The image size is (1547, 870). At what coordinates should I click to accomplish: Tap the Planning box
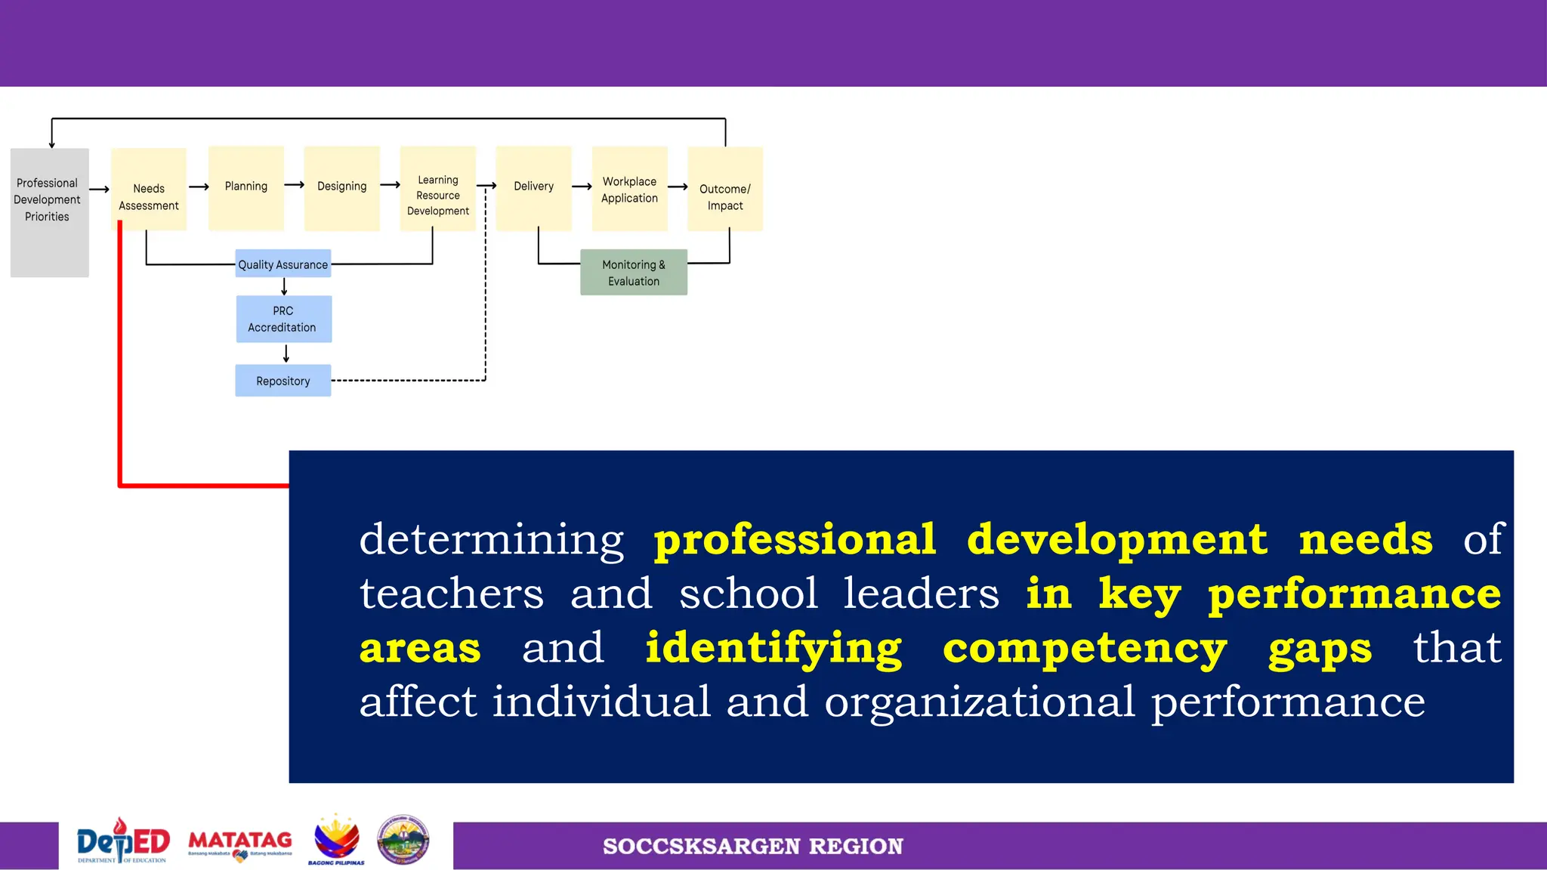pyautogui.click(x=246, y=187)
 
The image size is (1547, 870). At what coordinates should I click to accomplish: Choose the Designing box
pyautogui.click(x=341, y=187)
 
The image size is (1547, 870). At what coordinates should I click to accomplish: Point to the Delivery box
pyautogui.click(x=533, y=187)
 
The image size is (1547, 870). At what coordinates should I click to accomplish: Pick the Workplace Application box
pyautogui.click(x=629, y=189)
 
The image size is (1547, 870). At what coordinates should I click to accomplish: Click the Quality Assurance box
pyautogui.click(x=283, y=264)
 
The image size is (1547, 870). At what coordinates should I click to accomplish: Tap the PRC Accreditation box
pyautogui.click(x=283, y=319)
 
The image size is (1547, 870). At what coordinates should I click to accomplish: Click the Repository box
pyautogui.click(x=283, y=381)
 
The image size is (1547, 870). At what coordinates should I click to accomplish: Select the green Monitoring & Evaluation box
pyautogui.click(x=634, y=273)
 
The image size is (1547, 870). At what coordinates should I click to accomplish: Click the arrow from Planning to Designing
pyautogui.click(x=294, y=185)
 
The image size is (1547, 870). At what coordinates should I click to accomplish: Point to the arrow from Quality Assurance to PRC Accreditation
pyautogui.click(x=284, y=286)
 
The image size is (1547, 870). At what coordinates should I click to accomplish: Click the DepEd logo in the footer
pyautogui.click(x=123, y=841)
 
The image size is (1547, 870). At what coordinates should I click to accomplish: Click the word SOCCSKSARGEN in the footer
pyautogui.click(x=701, y=847)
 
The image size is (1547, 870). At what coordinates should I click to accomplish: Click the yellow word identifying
pyautogui.click(x=773, y=649)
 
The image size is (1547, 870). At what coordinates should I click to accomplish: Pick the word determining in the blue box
pyautogui.click(x=491, y=540)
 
